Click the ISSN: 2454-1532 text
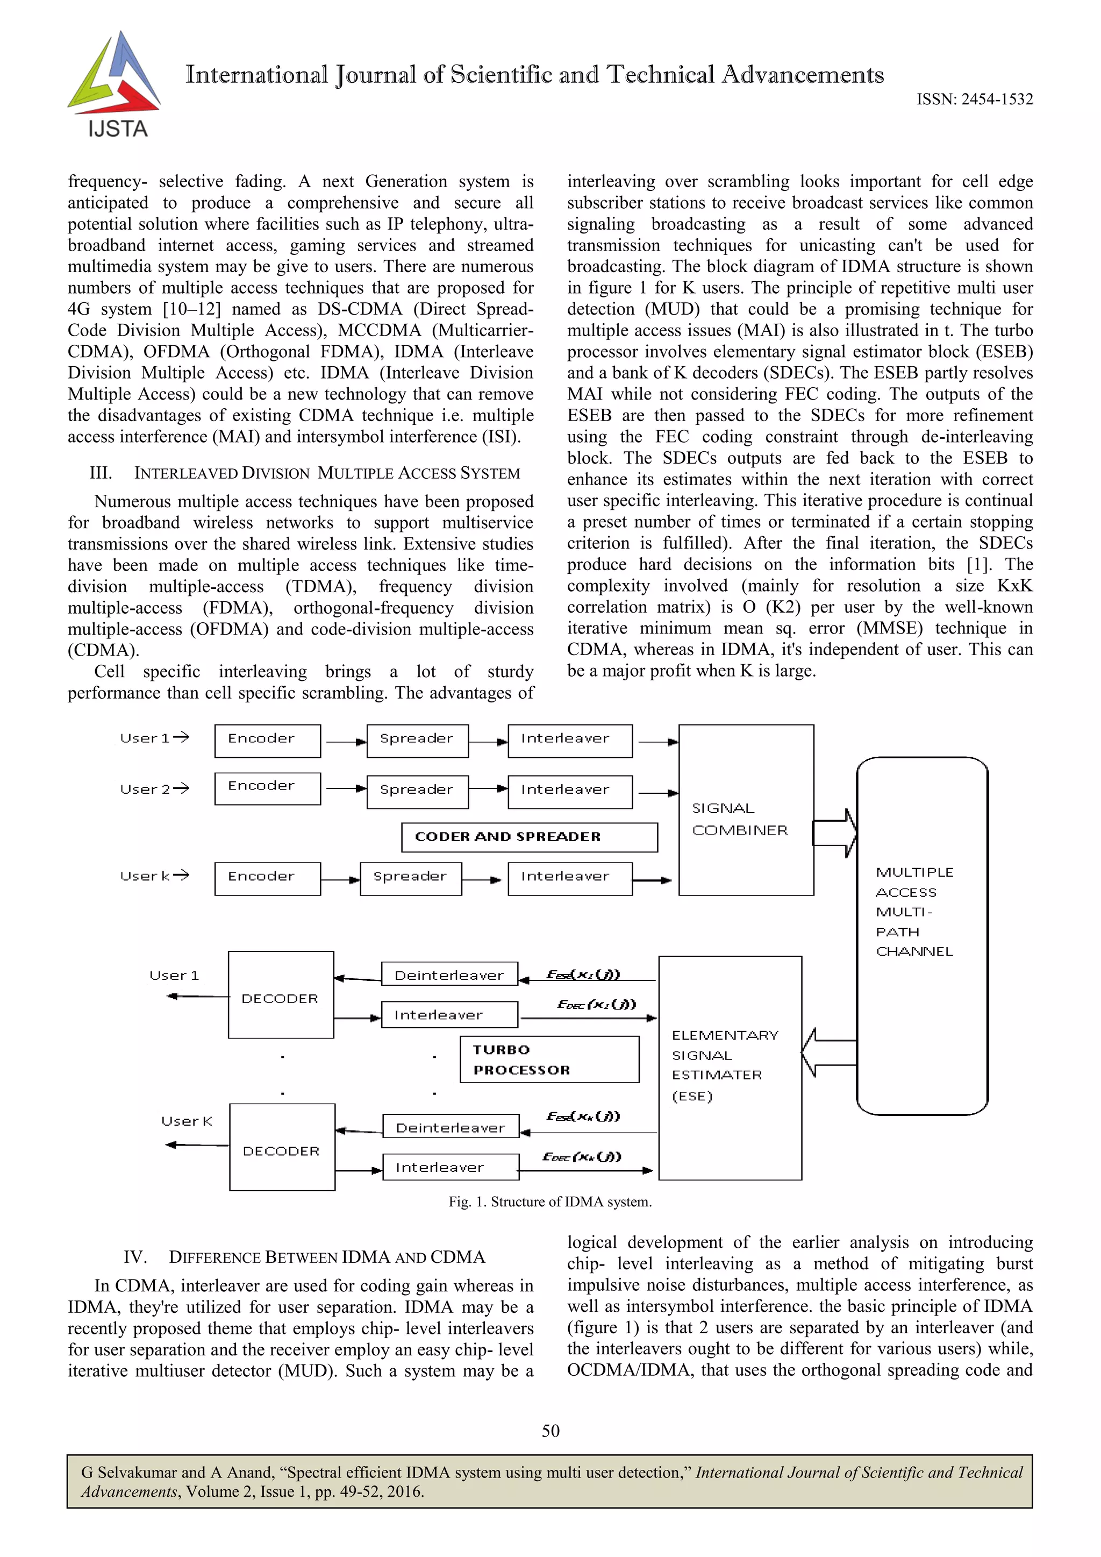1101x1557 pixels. [x=974, y=99]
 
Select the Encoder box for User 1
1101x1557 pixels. [x=267, y=741]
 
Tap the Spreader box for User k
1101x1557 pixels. [x=410, y=878]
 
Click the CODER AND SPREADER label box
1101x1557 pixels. [x=529, y=837]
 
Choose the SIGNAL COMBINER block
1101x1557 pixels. [x=746, y=811]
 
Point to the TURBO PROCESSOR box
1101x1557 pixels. [x=549, y=1060]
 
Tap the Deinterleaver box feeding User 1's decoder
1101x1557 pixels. [x=449, y=975]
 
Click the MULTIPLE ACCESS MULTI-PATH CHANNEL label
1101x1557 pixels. [x=914, y=912]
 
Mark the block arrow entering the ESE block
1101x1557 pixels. [x=828, y=1053]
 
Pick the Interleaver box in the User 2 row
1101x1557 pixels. [x=569, y=791]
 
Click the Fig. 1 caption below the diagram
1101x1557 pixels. [x=550, y=1201]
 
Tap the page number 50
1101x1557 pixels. [x=550, y=1431]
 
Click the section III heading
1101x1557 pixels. [x=305, y=473]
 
